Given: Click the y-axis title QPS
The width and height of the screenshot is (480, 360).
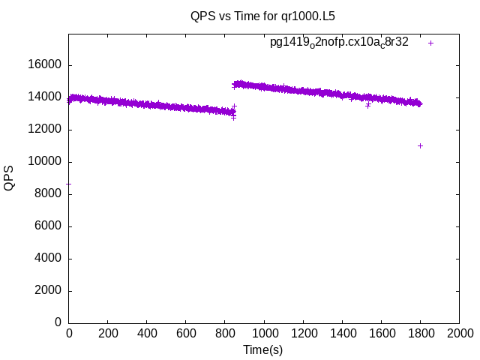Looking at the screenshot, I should pos(9,178).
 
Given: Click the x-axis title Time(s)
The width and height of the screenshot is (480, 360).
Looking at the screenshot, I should pos(262,349).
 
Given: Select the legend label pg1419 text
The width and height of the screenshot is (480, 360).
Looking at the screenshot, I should pos(339,43).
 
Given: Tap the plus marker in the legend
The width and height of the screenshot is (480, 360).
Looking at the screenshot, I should pos(430,43).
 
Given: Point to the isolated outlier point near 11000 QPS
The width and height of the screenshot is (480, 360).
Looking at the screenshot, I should pos(420,145).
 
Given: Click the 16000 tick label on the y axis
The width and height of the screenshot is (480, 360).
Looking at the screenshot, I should pos(44,65).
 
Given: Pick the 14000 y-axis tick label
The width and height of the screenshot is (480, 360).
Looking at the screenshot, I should pos(44,97).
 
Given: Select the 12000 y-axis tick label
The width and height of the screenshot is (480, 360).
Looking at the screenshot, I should pos(44,130).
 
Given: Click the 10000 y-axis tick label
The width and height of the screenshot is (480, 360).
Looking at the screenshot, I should pos(44,162).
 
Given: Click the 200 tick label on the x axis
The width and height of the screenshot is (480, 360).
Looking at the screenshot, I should pos(108,333).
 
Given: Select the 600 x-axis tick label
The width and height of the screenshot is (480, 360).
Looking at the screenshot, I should pos(186,333).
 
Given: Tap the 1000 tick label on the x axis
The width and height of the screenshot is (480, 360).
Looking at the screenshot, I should pos(264,333).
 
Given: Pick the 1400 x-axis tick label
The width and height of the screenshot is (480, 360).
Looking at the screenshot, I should pos(342,333).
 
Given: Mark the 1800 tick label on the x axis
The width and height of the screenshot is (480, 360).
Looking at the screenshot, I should pos(420,333).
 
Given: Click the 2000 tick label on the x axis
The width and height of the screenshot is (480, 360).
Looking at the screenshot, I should pos(459,333).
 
